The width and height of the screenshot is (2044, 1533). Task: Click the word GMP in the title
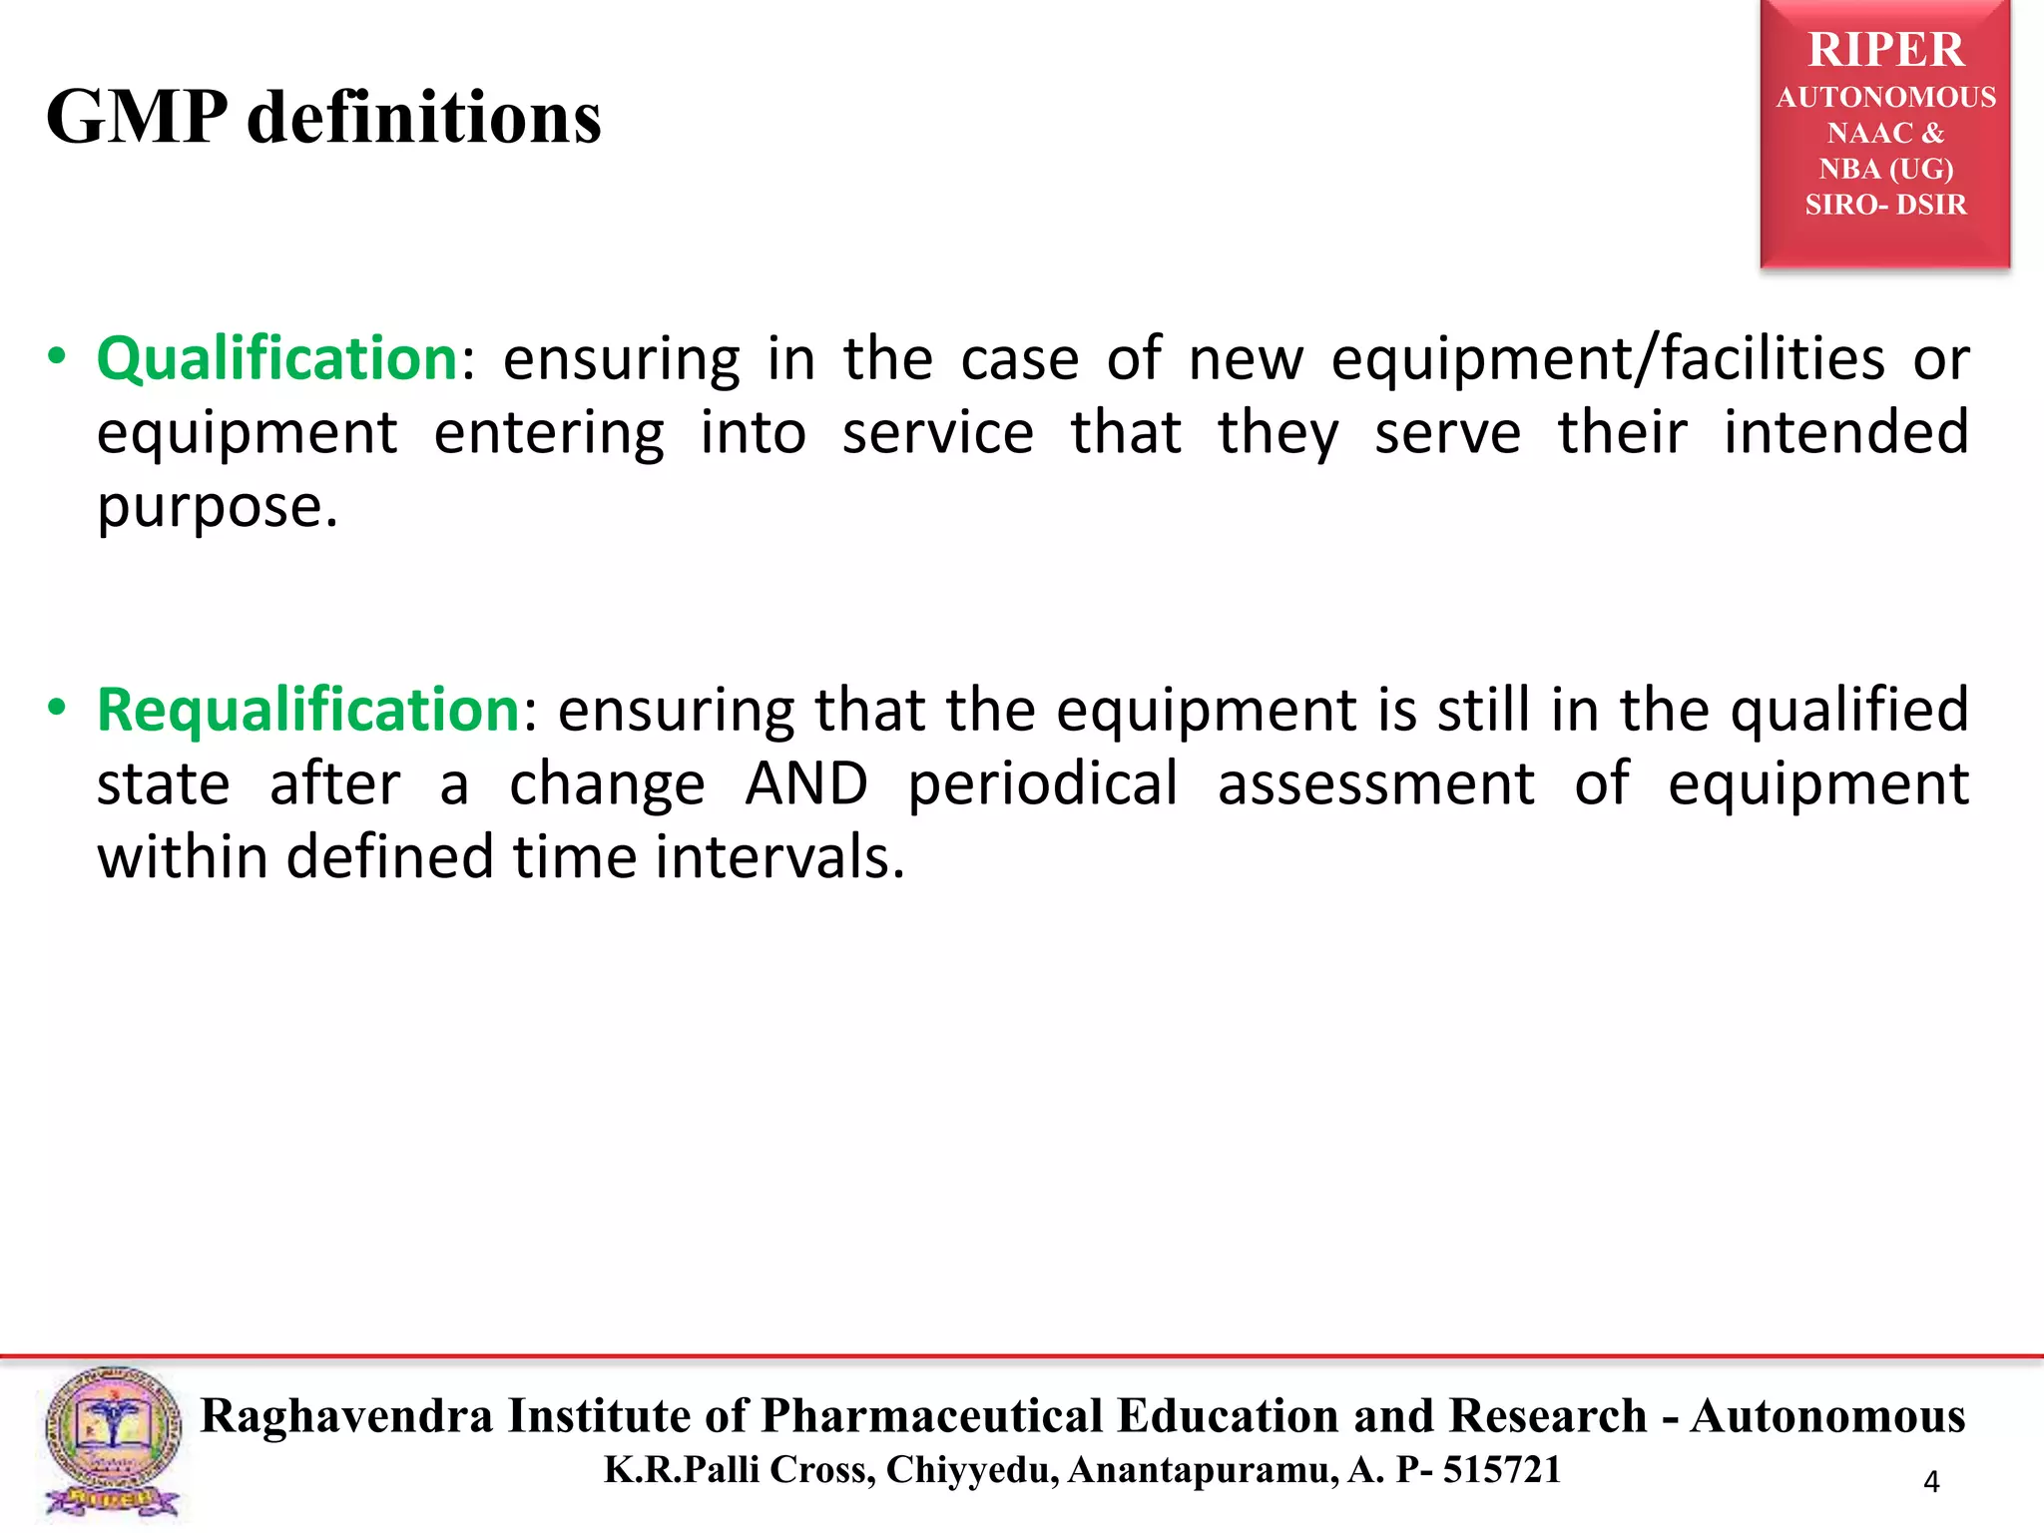tap(136, 118)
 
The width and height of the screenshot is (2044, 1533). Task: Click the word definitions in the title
tap(424, 118)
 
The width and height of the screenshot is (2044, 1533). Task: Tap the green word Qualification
tap(276, 358)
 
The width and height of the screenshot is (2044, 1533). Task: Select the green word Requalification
tap(307, 710)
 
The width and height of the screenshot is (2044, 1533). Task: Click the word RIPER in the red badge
tap(1885, 50)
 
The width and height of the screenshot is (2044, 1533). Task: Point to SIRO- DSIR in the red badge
tap(1885, 205)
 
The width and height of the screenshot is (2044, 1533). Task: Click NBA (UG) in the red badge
tap(1885, 169)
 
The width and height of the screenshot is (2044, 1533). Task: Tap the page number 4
tap(1931, 1482)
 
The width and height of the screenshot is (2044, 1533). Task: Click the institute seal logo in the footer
tap(113, 1443)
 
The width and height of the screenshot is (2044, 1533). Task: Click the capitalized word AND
tap(806, 783)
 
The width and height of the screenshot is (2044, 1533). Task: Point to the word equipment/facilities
tap(1608, 358)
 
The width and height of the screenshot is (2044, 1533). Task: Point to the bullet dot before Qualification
tap(57, 356)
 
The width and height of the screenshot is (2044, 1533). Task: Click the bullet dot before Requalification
tap(57, 708)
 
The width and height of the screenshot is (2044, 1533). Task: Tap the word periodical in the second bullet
tap(1043, 783)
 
